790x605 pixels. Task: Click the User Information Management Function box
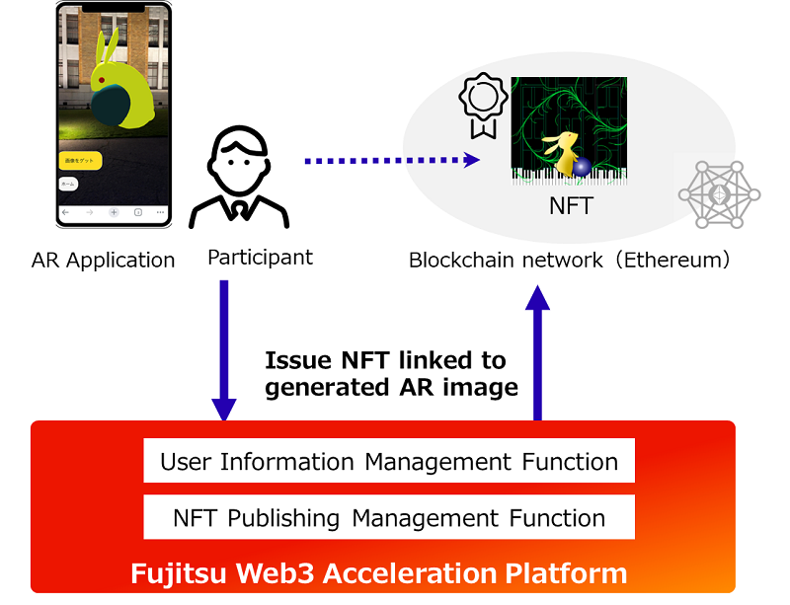[x=389, y=461]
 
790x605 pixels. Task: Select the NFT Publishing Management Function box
[x=389, y=517]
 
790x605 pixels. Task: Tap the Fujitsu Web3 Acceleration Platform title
[x=379, y=573]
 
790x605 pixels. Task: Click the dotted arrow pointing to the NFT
[x=391, y=160]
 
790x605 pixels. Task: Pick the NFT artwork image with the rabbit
[x=568, y=131]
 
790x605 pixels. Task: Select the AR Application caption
[x=103, y=261]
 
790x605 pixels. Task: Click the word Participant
[x=260, y=258]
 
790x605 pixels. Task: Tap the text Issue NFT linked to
[x=385, y=360]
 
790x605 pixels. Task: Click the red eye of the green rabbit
[x=101, y=81]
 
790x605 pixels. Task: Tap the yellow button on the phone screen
[x=79, y=159]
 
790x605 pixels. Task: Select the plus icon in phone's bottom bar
[x=114, y=212]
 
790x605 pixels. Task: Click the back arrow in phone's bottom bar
[x=66, y=212]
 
